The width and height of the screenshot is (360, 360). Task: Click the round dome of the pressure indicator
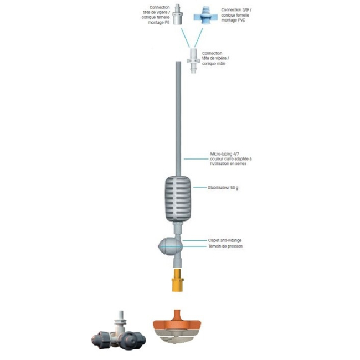(x=165, y=246)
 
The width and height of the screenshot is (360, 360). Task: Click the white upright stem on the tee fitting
(x=118, y=318)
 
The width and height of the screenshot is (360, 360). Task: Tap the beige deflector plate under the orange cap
(x=177, y=338)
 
